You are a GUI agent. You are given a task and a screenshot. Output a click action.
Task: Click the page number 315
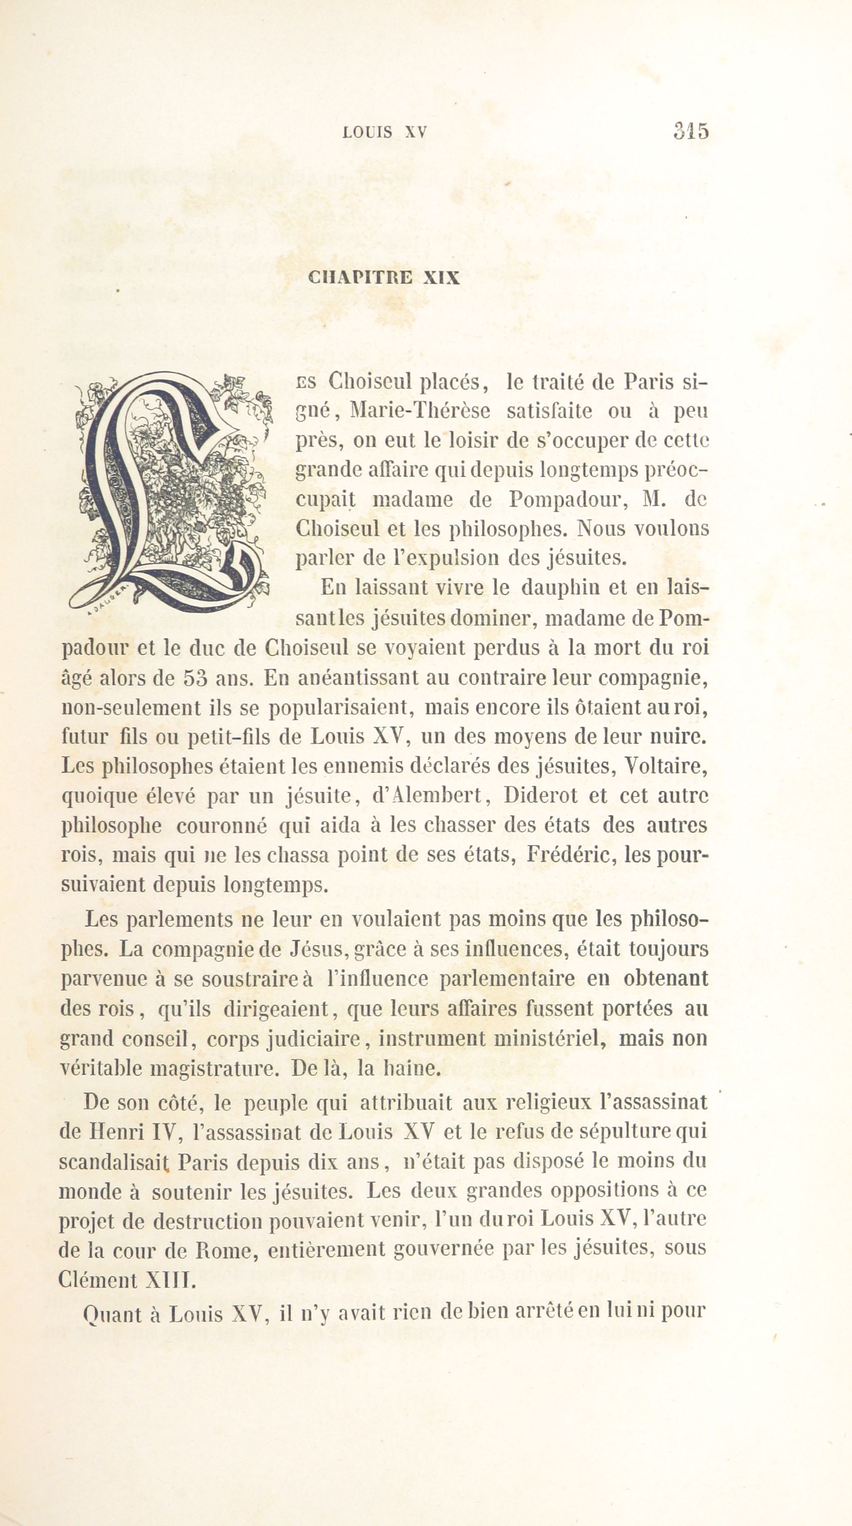[690, 130]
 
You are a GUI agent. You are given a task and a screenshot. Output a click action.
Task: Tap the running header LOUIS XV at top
[385, 132]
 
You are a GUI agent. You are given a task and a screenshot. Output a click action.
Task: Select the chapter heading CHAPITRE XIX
[384, 278]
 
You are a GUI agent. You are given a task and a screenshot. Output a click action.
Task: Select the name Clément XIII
[126, 1279]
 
